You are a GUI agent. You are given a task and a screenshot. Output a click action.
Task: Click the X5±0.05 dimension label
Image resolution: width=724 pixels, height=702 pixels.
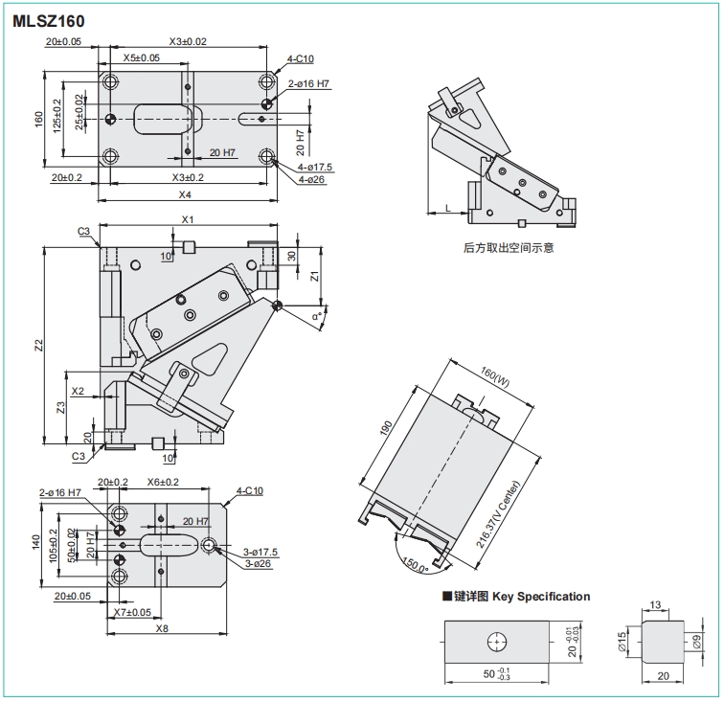142,58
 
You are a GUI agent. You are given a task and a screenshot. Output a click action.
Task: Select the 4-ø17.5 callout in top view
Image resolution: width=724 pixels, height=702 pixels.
315,168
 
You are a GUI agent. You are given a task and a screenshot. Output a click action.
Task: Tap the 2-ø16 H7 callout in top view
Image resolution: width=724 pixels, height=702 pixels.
310,84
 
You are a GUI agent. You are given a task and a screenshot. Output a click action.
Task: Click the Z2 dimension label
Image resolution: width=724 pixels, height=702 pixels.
37,345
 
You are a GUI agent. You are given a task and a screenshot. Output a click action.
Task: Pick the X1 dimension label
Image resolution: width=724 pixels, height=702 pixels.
188,220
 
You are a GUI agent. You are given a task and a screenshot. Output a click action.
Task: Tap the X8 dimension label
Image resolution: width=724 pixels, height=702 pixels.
162,628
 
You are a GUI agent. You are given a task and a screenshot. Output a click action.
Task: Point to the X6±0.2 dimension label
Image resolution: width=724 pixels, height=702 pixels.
164,482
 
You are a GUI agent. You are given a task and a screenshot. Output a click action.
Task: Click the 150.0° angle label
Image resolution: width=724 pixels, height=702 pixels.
415,562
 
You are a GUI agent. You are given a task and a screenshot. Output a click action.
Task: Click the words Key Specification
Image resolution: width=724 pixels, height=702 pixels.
543,597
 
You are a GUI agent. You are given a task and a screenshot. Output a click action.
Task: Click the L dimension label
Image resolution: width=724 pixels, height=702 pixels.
447,208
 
